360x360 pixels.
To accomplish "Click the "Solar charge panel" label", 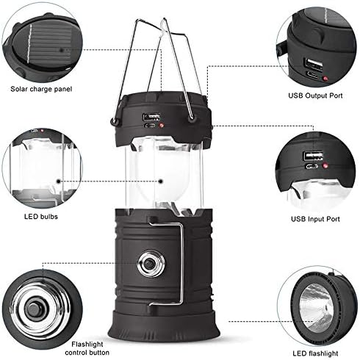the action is (41, 89).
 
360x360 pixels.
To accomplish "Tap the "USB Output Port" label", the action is (315, 96).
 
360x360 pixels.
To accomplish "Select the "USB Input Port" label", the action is (315, 219).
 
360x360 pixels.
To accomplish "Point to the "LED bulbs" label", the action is (41, 217).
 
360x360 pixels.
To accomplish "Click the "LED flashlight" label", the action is (315, 353).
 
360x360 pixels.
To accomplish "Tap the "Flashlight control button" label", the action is (87, 348).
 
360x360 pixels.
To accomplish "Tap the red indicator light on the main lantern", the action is (161, 126).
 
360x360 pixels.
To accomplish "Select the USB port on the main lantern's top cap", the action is (151, 116).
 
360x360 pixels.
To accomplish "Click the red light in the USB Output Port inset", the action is (325, 79).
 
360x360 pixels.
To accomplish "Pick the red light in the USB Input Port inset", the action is (325, 166).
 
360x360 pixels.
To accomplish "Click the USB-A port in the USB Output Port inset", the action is (314, 64).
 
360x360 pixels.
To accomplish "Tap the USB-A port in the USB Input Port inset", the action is (314, 156).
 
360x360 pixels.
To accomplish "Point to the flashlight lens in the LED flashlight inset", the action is (317, 306).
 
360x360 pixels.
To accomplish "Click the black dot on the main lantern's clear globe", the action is (161, 181).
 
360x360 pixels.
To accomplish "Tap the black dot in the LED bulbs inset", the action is (59, 181).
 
